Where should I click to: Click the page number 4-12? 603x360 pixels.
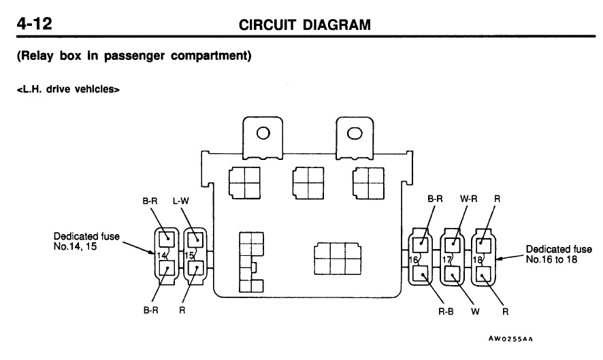[x=35, y=24]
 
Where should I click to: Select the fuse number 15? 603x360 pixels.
[x=189, y=255]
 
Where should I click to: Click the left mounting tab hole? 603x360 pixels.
[x=263, y=133]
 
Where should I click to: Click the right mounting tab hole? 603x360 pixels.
[x=355, y=133]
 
